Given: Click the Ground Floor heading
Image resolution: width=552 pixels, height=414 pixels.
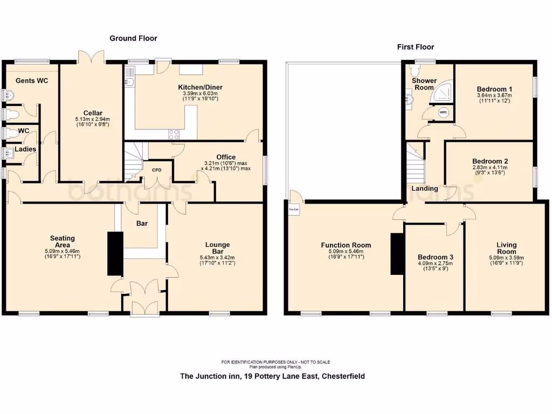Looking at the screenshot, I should coord(133,38).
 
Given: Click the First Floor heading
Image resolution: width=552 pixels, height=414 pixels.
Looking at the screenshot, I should coord(416,47).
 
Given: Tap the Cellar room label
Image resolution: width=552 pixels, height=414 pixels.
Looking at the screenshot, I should coord(89,113).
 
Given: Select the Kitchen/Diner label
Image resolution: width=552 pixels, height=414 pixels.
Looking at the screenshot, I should coord(200,87).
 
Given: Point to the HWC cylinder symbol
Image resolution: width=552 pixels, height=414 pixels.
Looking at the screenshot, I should coord(443,112).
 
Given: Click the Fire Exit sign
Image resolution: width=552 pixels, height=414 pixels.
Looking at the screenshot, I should coord(294,209).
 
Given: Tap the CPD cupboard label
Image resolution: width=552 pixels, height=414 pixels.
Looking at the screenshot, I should coord(157,170).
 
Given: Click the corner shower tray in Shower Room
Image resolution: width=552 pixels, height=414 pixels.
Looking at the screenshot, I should coord(440,93).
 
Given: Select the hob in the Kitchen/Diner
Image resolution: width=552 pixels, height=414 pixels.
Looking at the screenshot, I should coord(174,135).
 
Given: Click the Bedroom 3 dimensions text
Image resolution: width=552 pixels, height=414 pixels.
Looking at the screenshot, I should coord(436,266).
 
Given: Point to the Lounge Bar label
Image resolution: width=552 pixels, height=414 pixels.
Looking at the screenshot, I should coord(217,249).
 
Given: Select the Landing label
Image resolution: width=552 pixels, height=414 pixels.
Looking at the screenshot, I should coord(424,189).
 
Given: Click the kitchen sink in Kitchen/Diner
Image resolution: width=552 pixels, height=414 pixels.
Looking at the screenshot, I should coord(129,82).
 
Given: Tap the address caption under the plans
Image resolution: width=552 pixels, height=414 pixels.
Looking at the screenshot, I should coord(272,376).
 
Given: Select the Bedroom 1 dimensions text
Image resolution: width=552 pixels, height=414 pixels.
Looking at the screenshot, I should coord(494,98).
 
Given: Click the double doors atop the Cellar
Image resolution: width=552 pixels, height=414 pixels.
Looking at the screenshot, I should coord(90,57).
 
